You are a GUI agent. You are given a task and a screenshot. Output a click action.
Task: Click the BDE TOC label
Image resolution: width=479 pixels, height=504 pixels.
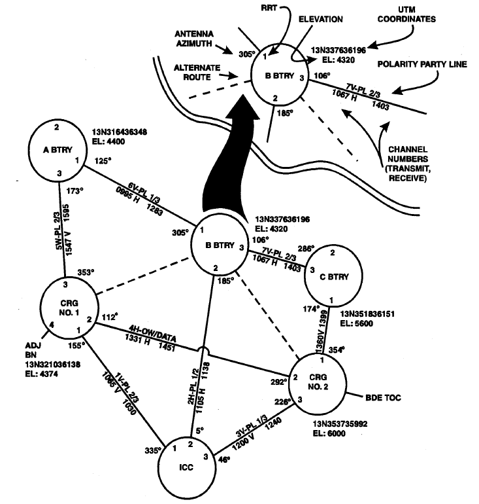point(383,397)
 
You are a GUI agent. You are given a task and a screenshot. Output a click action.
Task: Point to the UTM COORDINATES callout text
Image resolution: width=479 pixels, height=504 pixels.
point(406,14)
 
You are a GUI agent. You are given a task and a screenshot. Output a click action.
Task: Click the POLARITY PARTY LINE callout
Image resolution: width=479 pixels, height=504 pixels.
point(422,64)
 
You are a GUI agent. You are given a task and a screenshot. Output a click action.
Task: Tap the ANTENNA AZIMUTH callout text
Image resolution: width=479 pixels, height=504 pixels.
point(194,39)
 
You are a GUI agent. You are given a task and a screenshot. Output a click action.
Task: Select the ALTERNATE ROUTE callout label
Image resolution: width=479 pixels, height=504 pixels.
point(197,72)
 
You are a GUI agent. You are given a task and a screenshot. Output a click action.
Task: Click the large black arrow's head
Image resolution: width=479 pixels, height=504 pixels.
point(242,108)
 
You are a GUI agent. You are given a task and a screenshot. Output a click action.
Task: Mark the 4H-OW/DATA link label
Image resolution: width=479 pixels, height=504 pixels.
point(152,334)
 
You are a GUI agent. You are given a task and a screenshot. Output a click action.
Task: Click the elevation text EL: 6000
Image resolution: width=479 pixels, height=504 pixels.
point(329,433)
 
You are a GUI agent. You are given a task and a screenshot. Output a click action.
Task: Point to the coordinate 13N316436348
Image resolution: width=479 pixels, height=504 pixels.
point(120,132)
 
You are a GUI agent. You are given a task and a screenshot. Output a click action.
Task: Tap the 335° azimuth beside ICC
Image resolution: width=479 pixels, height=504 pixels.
point(153,450)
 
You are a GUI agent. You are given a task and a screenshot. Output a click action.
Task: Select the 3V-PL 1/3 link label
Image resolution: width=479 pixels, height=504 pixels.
point(252,425)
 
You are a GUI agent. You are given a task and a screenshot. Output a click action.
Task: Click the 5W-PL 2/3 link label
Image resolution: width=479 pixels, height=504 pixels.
point(58,230)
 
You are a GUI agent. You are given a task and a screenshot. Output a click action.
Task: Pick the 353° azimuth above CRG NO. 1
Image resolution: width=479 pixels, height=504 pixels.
point(86,272)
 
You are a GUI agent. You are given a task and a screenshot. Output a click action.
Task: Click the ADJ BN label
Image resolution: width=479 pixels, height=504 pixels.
point(32,350)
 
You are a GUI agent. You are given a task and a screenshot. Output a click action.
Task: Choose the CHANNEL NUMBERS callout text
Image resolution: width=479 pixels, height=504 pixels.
point(408,164)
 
